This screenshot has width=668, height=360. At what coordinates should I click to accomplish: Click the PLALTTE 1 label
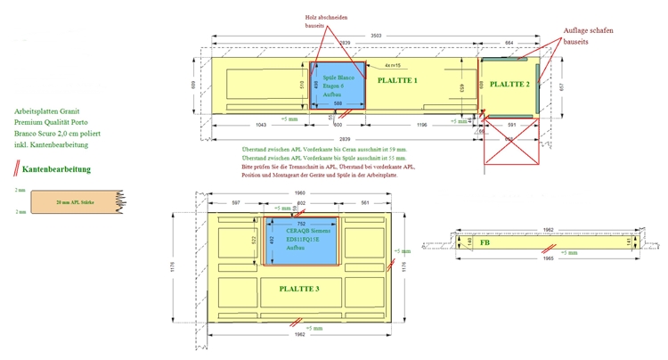397,80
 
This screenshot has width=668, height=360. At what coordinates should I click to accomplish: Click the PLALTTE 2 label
509,84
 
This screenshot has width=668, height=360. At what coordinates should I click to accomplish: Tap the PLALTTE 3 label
298,288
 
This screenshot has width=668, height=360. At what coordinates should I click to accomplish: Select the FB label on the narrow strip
485,241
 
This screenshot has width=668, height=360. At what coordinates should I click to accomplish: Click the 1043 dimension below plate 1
259,126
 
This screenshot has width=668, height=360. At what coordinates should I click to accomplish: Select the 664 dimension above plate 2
509,43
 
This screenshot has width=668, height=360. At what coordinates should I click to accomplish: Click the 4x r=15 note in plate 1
391,66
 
